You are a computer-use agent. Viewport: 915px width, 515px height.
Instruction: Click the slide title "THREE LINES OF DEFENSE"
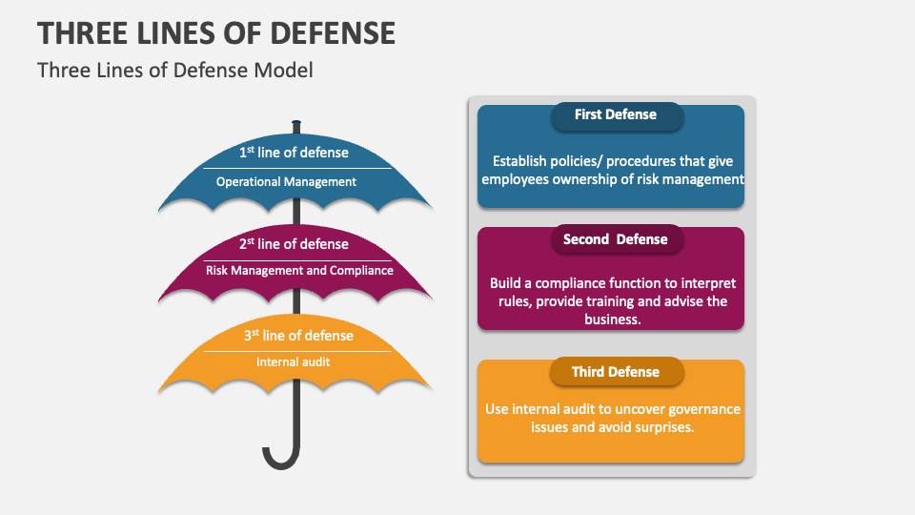[216, 33]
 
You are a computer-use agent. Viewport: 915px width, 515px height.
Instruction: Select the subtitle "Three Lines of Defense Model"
[174, 71]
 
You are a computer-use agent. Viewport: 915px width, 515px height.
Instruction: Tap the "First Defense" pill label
[616, 115]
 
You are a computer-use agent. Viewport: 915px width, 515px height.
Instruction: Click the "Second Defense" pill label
[616, 240]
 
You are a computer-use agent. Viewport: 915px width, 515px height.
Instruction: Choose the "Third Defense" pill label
[616, 372]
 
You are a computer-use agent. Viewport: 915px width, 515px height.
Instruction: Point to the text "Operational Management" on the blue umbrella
[286, 182]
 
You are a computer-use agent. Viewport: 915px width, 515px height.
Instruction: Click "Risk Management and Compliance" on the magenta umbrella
[299, 271]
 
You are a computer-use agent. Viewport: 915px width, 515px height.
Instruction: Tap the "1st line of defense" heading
[294, 153]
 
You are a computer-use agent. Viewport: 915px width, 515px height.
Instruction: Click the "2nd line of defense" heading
[294, 244]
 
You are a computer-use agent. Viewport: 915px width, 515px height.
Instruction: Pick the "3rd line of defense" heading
[297, 336]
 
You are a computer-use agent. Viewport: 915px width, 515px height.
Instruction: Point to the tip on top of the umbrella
[296, 124]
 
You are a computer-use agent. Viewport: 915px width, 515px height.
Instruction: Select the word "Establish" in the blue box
[522, 162]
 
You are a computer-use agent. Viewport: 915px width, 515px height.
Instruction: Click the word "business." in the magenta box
[611, 319]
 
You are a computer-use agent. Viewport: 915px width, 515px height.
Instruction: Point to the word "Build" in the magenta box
[507, 283]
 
